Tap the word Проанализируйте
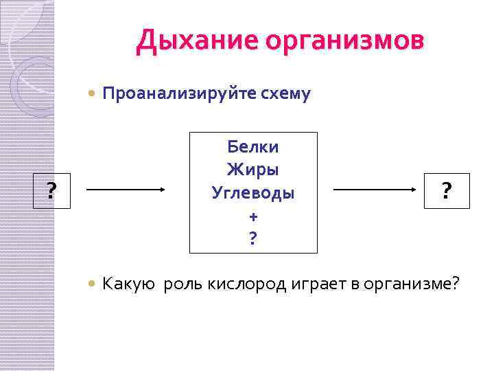pyautogui.click(x=176, y=93)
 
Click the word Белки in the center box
pyautogui.click(x=253, y=146)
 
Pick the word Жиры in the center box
pyautogui.click(x=253, y=169)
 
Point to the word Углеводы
pyautogui.click(x=253, y=192)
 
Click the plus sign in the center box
pyautogui.click(x=253, y=216)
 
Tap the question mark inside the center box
pyautogui.click(x=253, y=238)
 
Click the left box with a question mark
pyautogui.click(x=51, y=191)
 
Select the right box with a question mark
pyautogui.click(x=447, y=191)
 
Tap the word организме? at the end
pyautogui.click(x=416, y=283)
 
